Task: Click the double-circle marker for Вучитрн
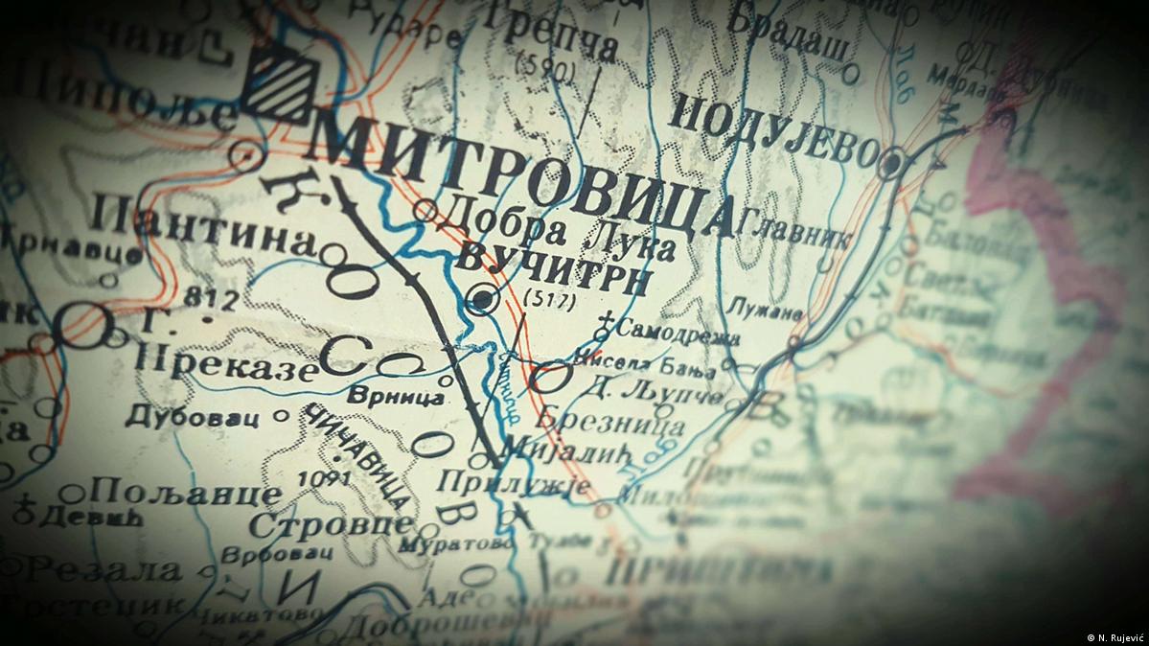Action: click(x=482, y=301)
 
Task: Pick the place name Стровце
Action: click(x=330, y=524)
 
